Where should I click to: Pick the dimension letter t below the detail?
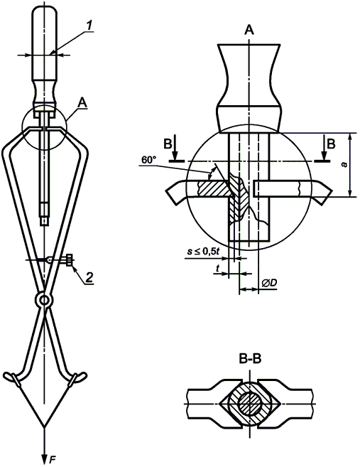point(217,269)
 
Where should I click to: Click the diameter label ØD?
point(270,283)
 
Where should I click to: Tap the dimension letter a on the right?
point(344,164)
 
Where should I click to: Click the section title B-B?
point(250,359)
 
